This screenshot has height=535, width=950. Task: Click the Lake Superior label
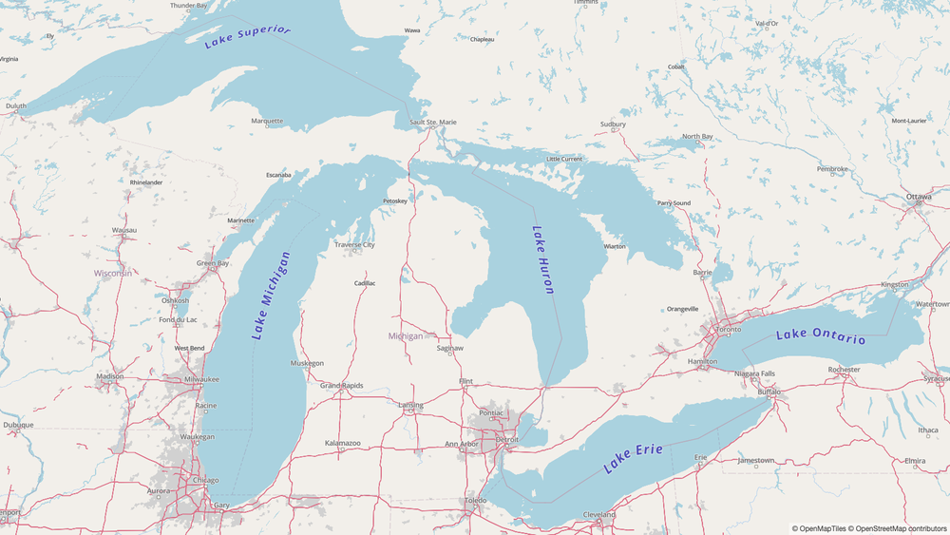(x=247, y=36)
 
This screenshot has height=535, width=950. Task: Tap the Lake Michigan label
(x=272, y=296)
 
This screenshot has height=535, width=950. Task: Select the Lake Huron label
(x=541, y=259)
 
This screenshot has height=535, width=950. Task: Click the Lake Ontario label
(x=820, y=336)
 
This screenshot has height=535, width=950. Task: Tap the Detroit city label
(x=507, y=440)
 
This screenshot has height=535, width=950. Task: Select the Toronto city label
(x=728, y=329)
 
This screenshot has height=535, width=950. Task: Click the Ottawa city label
(x=919, y=197)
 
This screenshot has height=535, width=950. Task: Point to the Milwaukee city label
(x=201, y=379)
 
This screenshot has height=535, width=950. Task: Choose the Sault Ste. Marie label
(x=433, y=123)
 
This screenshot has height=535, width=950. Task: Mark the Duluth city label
(x=16, y=106)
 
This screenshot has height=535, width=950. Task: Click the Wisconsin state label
(x=113, y=273)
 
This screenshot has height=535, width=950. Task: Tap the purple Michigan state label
(x=406, y=336)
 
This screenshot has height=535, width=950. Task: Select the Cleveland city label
(x=599, y=515)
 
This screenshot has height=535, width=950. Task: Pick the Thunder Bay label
(x=189, y=6)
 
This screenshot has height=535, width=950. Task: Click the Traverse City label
(x=354, y=245)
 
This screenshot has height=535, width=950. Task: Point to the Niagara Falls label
(x=754, y=373)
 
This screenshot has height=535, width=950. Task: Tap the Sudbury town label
(x=613, y=124)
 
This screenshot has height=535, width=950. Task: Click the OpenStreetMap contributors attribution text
(x=899, y=528)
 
